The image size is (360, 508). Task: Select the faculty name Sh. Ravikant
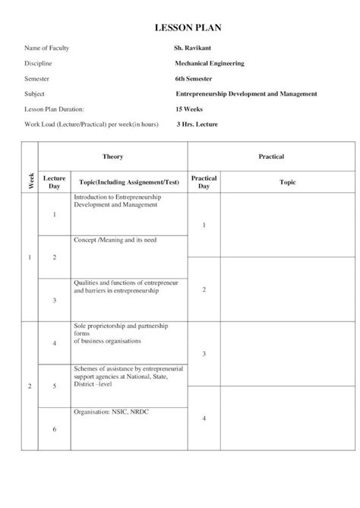[194, 48]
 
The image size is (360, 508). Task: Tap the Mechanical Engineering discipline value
[209, 63]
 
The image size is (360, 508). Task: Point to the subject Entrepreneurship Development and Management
[245, 93]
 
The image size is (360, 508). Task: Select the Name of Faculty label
[46, 48]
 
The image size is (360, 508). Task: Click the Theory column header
[113, 156]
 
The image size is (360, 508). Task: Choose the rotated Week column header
[31, 181]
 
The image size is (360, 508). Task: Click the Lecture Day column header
[55, 182]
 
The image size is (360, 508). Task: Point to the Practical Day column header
[204, 182]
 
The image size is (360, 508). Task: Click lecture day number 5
[55, 386]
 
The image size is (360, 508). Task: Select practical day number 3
[204, 355]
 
